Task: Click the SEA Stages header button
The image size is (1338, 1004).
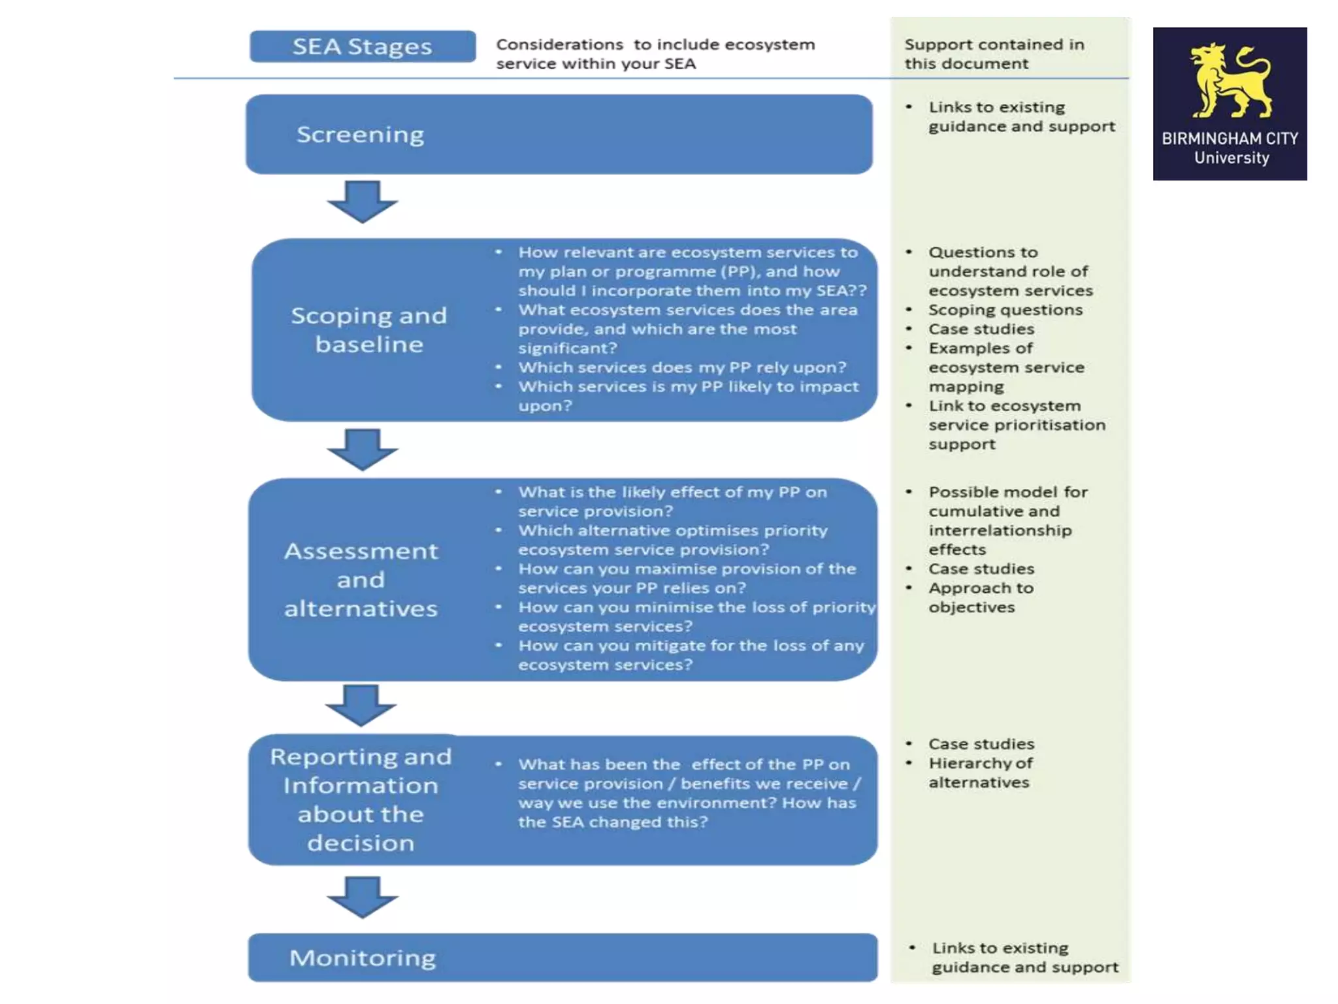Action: click(x=363, y=46)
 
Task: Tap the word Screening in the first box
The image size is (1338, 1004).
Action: click(x=360, y=134)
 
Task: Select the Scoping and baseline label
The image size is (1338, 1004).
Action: click(x=369, y=329)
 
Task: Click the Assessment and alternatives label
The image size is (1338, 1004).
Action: click(x=361, y=580)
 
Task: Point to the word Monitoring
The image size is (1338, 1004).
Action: click(x=363, y=958)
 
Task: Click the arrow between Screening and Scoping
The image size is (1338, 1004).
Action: click(x=363, y=201)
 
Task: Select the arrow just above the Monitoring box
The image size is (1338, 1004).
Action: click(x=363, y=897)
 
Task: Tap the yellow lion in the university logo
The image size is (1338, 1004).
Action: click(x=1230, y=81)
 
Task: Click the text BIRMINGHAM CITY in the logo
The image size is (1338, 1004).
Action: click(x=1230, y=139)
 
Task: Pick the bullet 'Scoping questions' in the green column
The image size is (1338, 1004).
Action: click(x=1005, y=310)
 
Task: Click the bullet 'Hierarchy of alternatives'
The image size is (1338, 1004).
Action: click(x=980, y=773)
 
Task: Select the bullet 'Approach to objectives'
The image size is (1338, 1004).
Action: click(x=980, y=597)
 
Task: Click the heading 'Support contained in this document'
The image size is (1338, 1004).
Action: click(x=994, y=54)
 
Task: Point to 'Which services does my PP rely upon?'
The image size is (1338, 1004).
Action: click(x=682, y=367)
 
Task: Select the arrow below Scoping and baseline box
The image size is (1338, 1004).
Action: click(x=363, y=450)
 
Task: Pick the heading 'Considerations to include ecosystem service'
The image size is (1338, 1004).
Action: click(x=655, y=54)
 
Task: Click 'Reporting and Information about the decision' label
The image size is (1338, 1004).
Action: click(x=361, y=799)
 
